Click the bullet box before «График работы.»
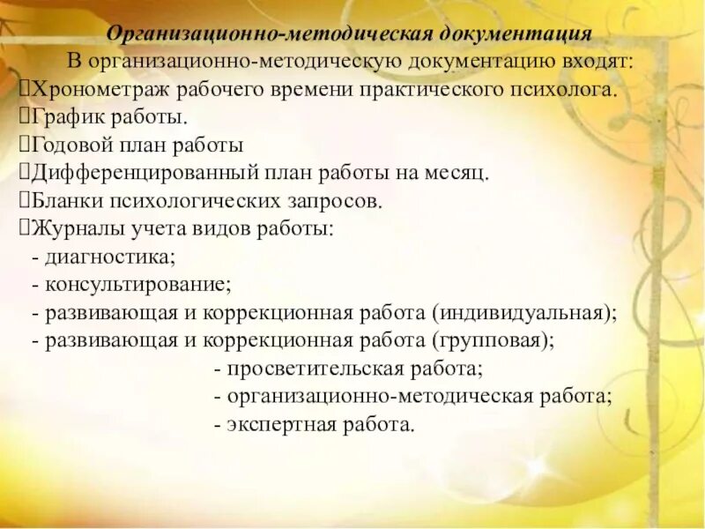tap(25, 117)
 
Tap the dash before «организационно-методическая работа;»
tap(217, 396)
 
